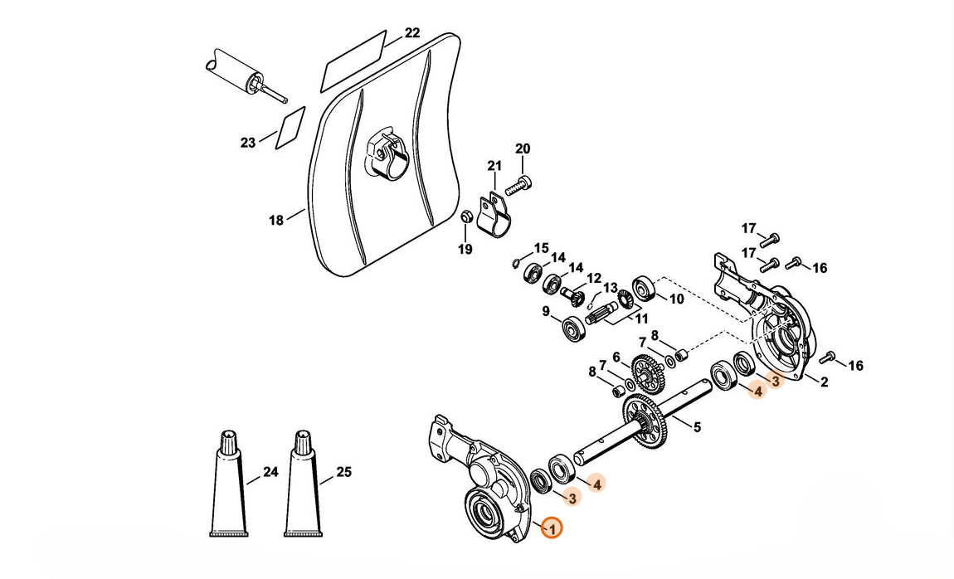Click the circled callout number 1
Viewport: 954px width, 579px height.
coord(552,528)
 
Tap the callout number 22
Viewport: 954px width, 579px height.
coord(412,33)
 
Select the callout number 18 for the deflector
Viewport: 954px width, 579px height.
coord(276,220)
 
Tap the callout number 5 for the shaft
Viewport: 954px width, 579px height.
coord(697,427)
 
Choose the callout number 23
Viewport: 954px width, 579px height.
coord(248,143)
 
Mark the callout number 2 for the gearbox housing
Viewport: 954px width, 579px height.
coord(824,382)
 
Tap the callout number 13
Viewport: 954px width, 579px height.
coord(611,288)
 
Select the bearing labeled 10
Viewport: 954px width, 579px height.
coord(644,290)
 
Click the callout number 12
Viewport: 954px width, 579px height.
coord(594,278)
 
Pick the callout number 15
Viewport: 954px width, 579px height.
coord(541,247)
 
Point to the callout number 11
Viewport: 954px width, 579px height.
coord(641,318)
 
